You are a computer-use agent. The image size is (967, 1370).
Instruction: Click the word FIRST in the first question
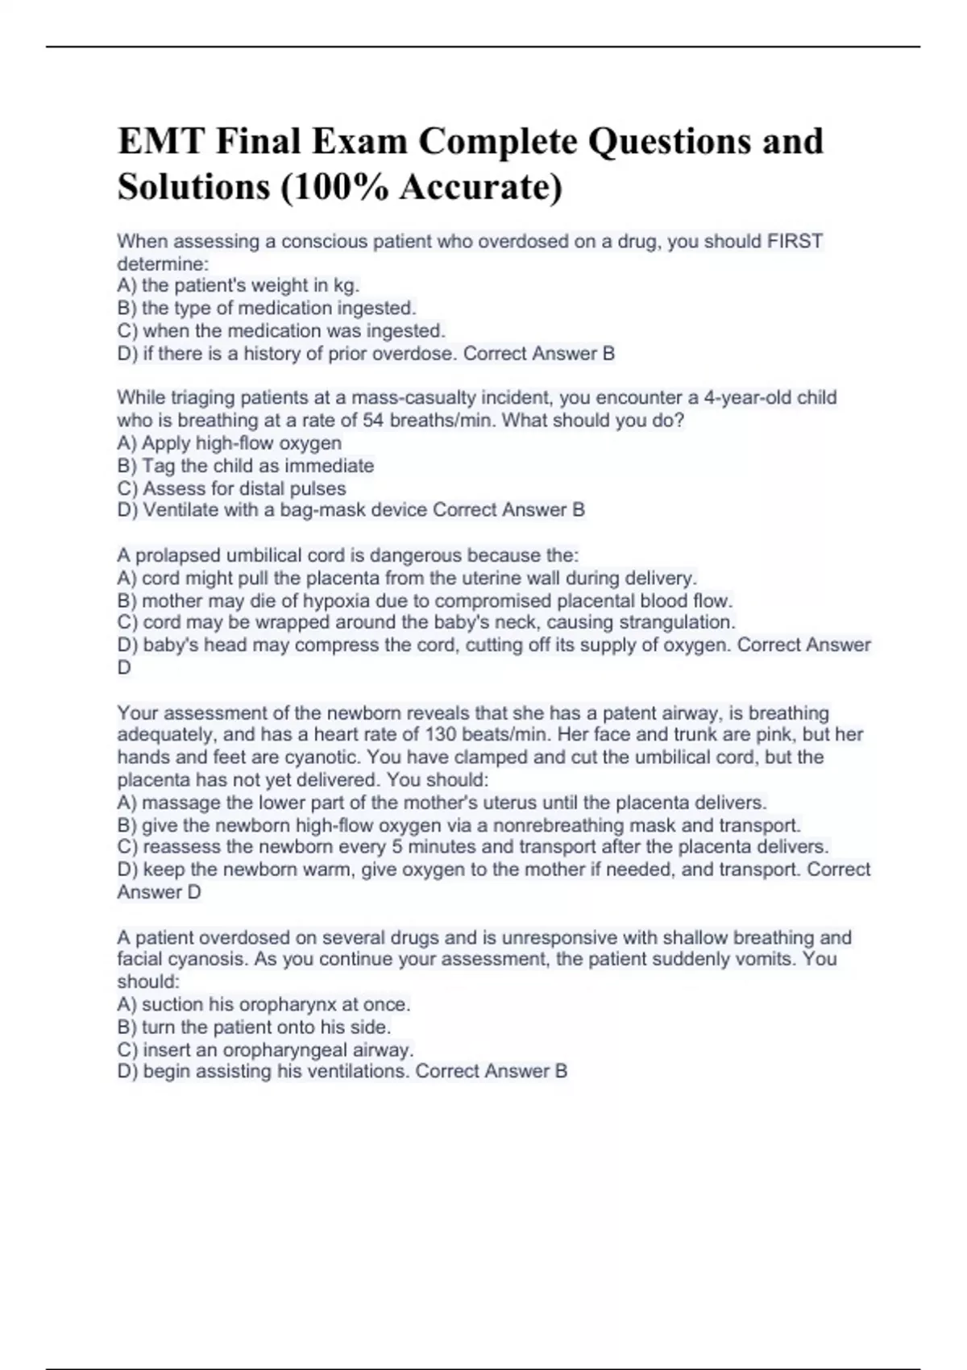(795, 241)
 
